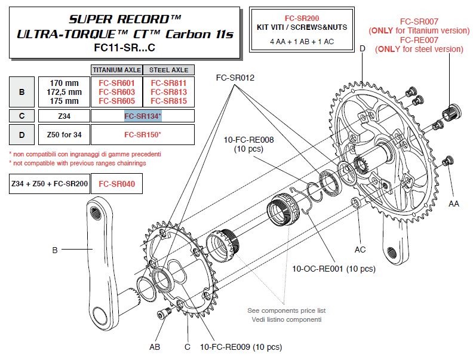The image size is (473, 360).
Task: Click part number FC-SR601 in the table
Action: [116, 84]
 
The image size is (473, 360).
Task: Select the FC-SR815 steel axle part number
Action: [169, 101]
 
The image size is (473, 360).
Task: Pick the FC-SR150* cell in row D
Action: [143, 134]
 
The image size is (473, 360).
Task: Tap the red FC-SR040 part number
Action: [116, 185]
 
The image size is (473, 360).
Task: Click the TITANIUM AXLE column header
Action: [116, 69]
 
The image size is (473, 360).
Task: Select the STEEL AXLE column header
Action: [169, 69]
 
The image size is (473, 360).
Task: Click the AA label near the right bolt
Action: [454, 204]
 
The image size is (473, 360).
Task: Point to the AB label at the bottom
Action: [155, 346]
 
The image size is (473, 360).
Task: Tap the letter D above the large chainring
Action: [363, 47]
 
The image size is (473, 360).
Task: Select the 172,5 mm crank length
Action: [64, 93]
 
